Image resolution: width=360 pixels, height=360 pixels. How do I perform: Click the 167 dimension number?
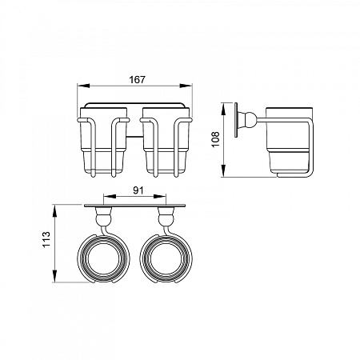137,80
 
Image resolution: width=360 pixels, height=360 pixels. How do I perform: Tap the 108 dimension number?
215,139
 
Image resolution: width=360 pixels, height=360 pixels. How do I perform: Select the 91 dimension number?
138,190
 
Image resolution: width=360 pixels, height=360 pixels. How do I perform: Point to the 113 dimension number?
46,239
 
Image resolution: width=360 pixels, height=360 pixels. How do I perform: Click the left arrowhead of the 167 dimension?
83,86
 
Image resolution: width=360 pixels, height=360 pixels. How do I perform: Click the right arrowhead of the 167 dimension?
186,86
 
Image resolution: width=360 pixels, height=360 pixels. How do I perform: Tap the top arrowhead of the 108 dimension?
224,109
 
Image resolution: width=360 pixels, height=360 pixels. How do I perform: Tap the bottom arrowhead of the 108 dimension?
224,170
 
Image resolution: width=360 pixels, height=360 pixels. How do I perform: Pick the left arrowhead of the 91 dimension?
110,197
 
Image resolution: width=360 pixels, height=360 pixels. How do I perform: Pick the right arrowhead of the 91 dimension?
160,197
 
